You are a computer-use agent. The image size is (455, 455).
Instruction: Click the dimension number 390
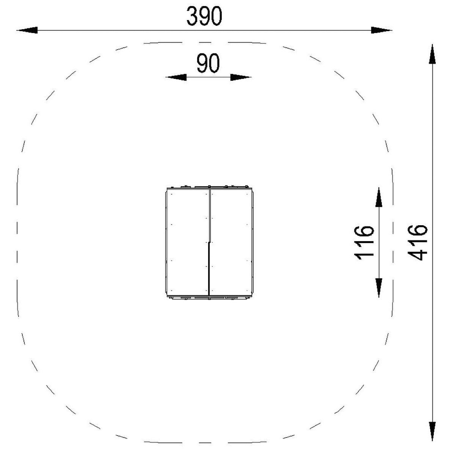[x=204, y=16]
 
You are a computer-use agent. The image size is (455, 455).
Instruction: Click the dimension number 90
[x=208, y=63]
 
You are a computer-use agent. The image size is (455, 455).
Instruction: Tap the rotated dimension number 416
[x=418, y=243]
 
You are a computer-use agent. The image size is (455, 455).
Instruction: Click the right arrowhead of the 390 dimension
[x=381, y=30]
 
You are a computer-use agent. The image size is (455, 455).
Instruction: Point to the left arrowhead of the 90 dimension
[x=176, y=77]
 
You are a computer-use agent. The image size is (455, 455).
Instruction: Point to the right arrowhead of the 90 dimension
[x=241, y=77]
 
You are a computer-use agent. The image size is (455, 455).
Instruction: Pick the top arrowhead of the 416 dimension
[x=432, y=54]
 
